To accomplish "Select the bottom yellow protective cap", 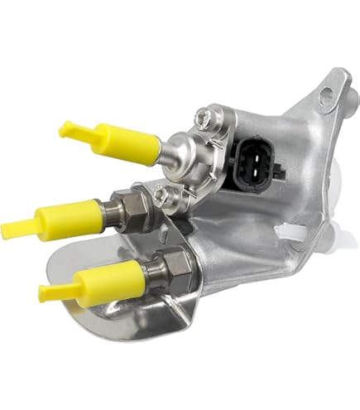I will [104, 280].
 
